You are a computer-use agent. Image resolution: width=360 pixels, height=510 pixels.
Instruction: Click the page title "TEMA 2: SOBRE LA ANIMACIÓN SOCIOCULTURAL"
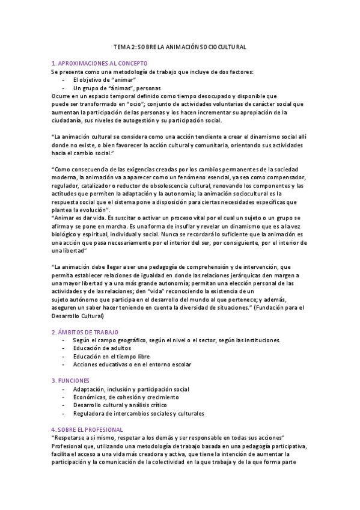pos(180,46)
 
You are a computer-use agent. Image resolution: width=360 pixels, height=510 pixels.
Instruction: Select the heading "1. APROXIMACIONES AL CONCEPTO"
pos(96,63)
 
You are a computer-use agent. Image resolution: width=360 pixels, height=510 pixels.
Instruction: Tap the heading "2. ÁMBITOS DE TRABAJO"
pos(85,332)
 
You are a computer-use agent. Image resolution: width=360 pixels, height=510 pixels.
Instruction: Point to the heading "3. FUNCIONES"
pos(71,381)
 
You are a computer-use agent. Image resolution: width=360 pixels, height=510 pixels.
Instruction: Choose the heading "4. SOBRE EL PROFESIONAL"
pos(87,429)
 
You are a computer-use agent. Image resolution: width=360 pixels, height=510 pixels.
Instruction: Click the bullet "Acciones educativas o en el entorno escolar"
pos(132,364)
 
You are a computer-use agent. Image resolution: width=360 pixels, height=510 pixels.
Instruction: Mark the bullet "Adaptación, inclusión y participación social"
pos(131,389)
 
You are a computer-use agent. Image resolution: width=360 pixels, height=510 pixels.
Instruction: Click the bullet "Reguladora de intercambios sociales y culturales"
pos(138,413)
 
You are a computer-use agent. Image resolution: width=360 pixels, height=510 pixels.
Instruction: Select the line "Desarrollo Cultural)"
pos(78,316)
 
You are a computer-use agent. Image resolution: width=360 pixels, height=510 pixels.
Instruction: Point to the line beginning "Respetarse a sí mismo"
pos(168,438)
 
